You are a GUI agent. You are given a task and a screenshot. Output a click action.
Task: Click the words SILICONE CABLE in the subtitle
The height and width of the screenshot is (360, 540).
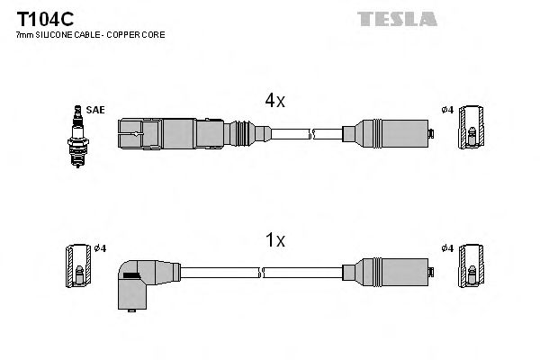(x=64, y=34)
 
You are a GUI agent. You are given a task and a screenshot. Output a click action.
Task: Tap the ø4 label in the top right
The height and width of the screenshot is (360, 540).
(x=446, y=110)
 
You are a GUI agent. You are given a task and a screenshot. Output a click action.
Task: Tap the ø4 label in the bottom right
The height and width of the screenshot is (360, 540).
(x=446, y=248)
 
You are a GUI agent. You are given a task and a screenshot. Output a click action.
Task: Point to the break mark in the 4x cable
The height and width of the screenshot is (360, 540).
(x=311, y=134)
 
